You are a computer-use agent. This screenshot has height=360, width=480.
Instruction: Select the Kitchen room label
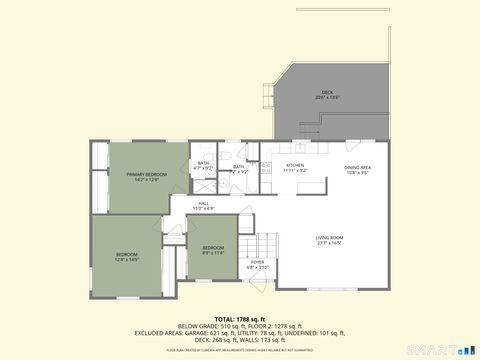(x=295, y=165)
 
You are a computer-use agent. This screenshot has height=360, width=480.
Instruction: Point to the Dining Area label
(x=358, y=167)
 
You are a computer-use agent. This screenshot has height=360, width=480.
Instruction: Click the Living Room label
(x=329, y=237)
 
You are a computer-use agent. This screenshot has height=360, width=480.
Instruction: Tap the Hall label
(x=203, y=203)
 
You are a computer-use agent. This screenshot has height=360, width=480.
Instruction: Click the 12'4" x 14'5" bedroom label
(x=126, y=254)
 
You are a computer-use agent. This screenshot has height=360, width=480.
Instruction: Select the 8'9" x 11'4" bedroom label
(x=213, y=247)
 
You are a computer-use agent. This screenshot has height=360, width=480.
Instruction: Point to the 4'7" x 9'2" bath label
(x=203, y=163)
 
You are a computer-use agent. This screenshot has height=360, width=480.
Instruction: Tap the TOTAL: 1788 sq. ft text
(x=239, y=317)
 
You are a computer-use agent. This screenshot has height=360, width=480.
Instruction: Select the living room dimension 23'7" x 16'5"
(x=329, y=243)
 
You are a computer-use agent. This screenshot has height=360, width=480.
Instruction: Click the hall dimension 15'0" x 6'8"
(x=203, y=208)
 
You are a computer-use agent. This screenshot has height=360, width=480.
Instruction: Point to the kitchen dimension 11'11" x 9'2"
(x=295, y=171)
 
